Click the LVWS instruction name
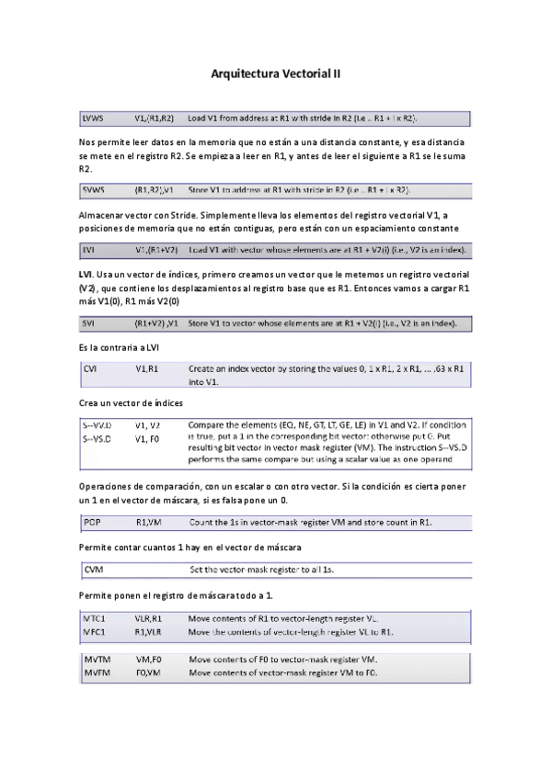[x=94, y=119]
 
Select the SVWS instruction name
[x=94, y=190]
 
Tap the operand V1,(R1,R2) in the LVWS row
[x=155, y=119]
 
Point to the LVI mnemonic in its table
[x=88, y=250]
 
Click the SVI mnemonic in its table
[x=88, y=324]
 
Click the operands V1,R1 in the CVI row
[x=147, y=367]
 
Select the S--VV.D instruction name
[x=98, y=426]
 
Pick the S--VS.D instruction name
[x=98, y=438]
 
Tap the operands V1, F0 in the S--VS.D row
[x=147, y=438]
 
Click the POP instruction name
[x=91, y=523]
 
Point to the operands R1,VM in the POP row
[x=148, y=523]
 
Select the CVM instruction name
[x=92, y=570]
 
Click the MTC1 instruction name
[x=95, y=618]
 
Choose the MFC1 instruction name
[x=95, y=632]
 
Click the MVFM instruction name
[x=97, y=673]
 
